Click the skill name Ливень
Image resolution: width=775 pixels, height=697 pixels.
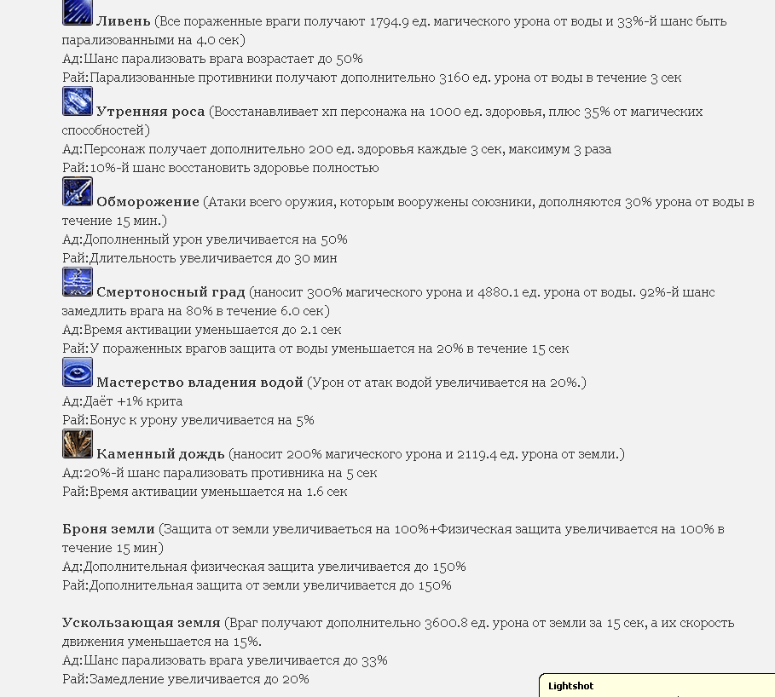click(x=124, y=21)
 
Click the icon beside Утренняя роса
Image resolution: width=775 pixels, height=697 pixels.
click(x=78, y=101)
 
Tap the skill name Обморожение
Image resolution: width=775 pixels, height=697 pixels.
click(x=147, y=202)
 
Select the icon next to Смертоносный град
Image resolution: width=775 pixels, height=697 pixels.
click(x=78, y=282)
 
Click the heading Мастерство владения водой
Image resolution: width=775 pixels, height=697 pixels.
click(x=200, y=383)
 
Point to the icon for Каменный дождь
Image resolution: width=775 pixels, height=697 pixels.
click(x=78, y=444)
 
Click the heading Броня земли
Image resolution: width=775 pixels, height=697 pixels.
click(x=108, y=529)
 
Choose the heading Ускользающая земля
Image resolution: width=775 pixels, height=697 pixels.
click(x=142, y=623)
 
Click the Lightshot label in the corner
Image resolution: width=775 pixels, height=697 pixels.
click(x=570, y=686)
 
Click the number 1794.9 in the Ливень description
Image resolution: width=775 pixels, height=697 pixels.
click(x=393, y=21)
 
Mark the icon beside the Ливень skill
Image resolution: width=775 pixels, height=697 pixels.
click(x=78, y=12)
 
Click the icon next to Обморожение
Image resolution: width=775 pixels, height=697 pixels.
click(x=78, y=192)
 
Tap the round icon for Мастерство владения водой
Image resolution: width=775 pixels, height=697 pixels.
click(x=78, y=372)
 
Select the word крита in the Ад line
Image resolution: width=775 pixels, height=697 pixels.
click(x=165, y=401)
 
